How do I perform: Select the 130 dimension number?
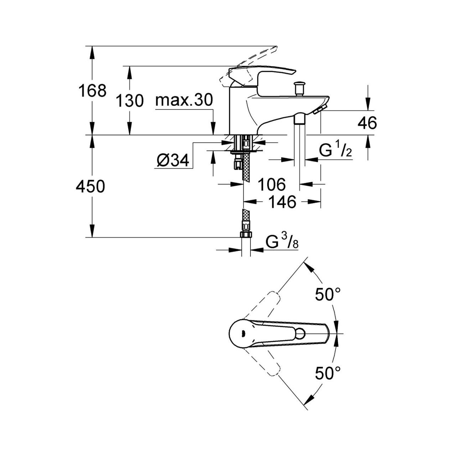tap(130, 101)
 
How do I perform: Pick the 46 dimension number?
tap(367, 123)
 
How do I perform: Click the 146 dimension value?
tap(282, 202)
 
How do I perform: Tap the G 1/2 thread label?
tap(335, 151)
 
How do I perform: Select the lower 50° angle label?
tap(328, 374)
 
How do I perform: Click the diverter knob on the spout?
tap(299, 88)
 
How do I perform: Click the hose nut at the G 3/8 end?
tap(245, 234)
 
